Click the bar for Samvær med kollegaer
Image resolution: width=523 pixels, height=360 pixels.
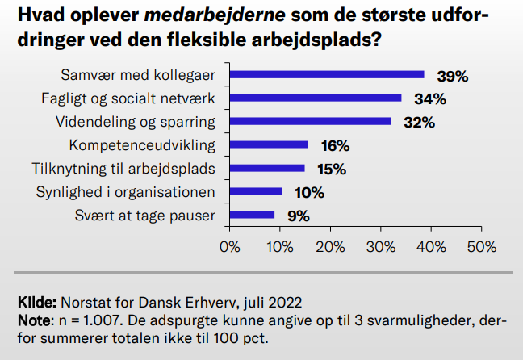(x=327, y=75)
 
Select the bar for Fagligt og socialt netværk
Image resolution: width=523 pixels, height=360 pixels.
(x=316, y=98)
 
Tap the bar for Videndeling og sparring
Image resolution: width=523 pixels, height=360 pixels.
(x=310, y=122)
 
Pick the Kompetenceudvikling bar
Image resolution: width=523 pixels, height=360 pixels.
(x=270, y=145)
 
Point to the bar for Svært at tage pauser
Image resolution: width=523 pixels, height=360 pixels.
(x=253, y=216)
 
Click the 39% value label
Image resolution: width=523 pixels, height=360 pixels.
(x=453, y=76)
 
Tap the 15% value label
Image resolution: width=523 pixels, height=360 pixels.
(x=331, y=170)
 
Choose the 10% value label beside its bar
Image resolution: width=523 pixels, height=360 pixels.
(x=308, y=193)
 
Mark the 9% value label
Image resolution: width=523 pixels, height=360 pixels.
(x=298, y=216)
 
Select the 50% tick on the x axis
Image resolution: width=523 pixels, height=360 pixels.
(x=481, y=246)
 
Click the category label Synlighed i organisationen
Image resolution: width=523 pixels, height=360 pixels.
(x=125, y=192)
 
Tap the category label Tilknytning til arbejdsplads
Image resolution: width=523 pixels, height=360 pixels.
(x=123, y=169)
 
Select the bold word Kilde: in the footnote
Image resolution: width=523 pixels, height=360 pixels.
(x=36, y=303)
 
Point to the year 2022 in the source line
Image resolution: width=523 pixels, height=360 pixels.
(x=286, y=303)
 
